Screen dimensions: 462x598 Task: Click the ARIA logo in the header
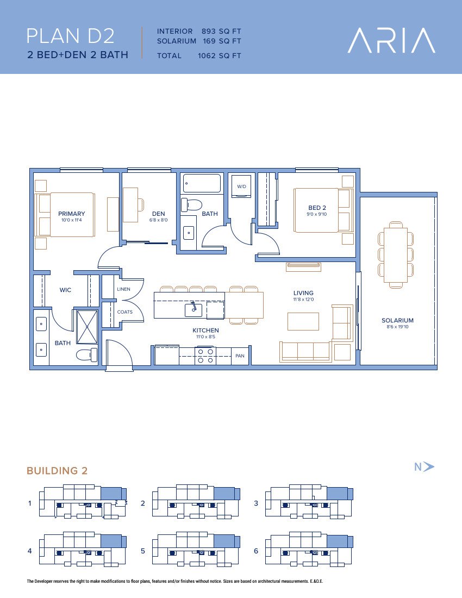391,40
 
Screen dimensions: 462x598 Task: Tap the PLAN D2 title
71,36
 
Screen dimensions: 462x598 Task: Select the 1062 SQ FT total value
219,55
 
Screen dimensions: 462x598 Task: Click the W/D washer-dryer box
241,186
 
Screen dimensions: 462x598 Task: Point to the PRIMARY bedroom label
72,214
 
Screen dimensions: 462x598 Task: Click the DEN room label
159,214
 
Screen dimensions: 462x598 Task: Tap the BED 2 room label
317,208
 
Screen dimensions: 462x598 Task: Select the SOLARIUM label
397,320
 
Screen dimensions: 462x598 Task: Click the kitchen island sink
193,309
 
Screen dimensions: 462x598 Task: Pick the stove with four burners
205,356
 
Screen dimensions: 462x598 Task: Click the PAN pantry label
240,356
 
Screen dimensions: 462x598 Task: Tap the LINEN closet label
123,289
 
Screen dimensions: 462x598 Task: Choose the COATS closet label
125,312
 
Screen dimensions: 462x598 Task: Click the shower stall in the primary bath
88,327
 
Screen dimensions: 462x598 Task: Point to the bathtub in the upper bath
202,183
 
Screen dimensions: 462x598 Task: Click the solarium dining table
396,255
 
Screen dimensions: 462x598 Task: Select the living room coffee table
303,321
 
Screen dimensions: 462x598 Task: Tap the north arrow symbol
429,466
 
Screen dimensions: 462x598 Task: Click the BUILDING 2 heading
57,471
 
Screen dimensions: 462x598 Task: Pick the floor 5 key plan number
143,551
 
